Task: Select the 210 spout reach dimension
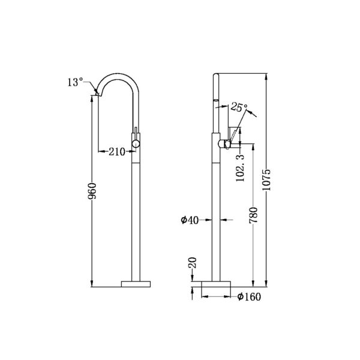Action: tap(117, 152)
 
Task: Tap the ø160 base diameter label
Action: tap(248, 296)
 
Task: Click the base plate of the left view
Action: tap(136, 283)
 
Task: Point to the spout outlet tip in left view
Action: tap(98, 92)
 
